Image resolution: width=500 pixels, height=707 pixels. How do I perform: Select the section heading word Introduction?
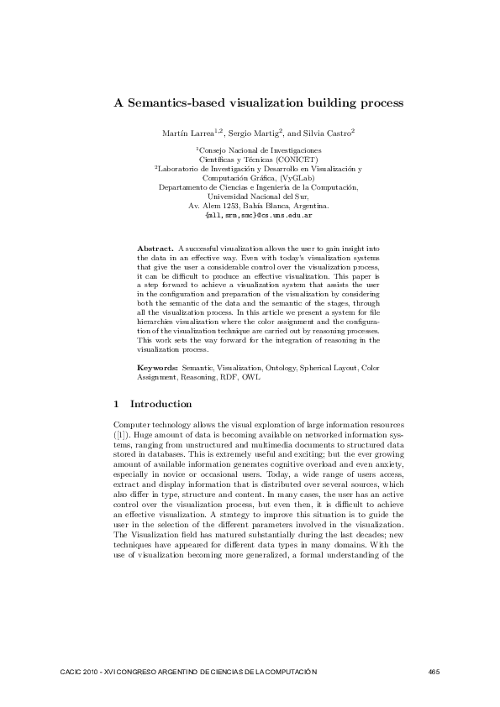(161, 404)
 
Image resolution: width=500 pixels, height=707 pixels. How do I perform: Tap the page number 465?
(434, 672)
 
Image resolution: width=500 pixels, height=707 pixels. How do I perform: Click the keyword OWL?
(251, 378)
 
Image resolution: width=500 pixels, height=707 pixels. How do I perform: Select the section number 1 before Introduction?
(116, 404)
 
